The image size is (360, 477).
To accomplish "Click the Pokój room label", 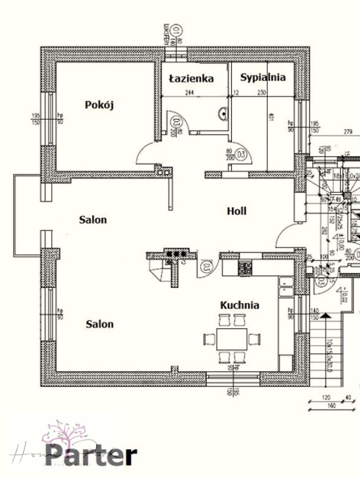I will point(100,105).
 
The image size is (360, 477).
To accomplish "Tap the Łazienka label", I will point(191,79).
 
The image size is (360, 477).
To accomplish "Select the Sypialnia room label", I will point(263,77).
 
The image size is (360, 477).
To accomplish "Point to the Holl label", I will point(237,211).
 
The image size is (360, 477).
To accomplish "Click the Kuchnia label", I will point(240,305).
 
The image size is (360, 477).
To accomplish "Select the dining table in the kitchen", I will point(232,339).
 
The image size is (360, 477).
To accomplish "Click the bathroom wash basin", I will point(223,114).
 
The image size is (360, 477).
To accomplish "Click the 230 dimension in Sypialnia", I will point(262,92).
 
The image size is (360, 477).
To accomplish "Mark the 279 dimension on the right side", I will point(348,132).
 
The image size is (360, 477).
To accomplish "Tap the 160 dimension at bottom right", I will point(332,406).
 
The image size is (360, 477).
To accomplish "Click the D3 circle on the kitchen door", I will point(206,267).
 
